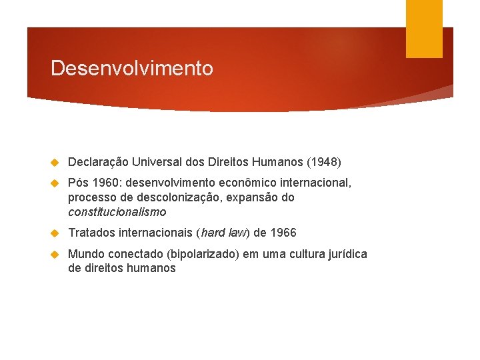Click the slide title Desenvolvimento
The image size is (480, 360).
coord(131,69)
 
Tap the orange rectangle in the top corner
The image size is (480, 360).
coord(424,29)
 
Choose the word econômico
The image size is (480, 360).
coord(236,183)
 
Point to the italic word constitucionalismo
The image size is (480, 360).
coord(117,212)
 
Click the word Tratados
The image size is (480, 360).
coord(92,233)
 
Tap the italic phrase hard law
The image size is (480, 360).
coord(222,233)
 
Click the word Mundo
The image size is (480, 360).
coord(85,253)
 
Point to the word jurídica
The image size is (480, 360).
coord(345,253)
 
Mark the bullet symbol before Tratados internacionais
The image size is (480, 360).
coord(56,233)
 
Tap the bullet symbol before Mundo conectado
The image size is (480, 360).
coord(56,254)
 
